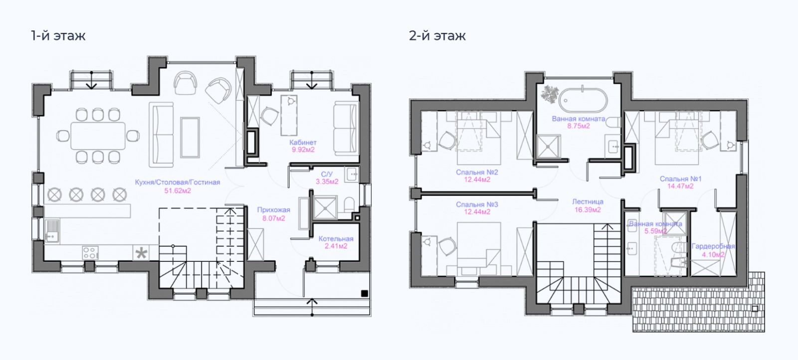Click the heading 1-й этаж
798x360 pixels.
[x=58, y=36]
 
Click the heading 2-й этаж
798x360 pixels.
[x=437, y=36]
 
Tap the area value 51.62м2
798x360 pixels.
[x=178, y=190]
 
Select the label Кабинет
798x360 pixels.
[x=303, y=142]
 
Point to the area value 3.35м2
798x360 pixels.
[x=327, y=181]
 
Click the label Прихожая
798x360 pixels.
[x=273, y=210]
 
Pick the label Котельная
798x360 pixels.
[x=336, y=239]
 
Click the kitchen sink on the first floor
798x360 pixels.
[x=52, y=230]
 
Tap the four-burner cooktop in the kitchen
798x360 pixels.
[x=90, y=253]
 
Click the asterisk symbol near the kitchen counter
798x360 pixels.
[x=142, y=253]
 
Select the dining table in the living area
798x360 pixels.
[x=98, y=135]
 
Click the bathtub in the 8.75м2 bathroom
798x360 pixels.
[x=583, y=100]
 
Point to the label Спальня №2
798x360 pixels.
[x=477, y=173]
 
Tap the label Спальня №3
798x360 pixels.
[x=477, y=204]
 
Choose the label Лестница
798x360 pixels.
[x=588, y=202]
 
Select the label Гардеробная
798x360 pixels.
[x=713, y=246]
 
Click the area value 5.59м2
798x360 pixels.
[x=655, y=231]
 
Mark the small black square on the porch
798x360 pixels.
[x=365, y=293]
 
